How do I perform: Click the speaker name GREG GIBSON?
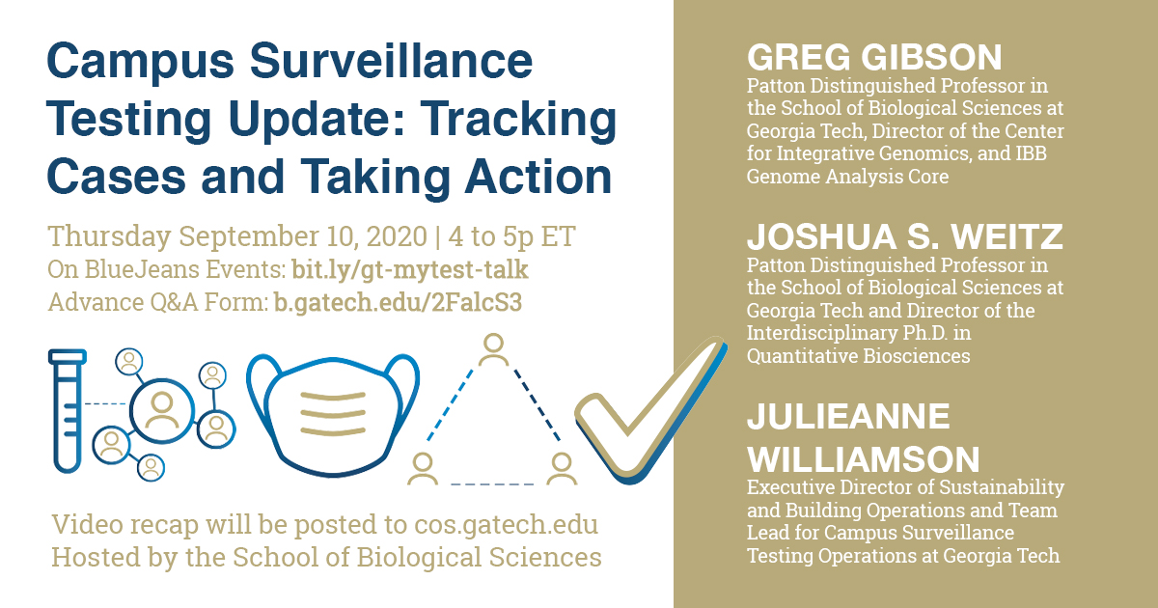click(874, 57)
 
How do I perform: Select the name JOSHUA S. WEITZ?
click(905, 236)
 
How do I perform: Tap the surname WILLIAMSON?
click(864, 459)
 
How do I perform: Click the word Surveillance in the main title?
click(392, 61)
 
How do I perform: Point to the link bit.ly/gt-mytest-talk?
click(410, 269)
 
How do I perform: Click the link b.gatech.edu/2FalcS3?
click(398, 302)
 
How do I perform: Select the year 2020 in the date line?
click(397, 236)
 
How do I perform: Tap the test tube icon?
click(68, 410)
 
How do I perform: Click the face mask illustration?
click(333, 414)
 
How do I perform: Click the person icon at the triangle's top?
click(494, 349)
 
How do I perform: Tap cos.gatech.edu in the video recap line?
click(506, 525)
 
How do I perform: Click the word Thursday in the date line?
click(110, 236)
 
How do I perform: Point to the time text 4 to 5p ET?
click(511, 236)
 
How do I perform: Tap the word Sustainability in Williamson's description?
click(1002, 487)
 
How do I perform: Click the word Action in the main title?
click(538, 176)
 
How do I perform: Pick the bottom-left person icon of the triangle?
click(423, 468)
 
